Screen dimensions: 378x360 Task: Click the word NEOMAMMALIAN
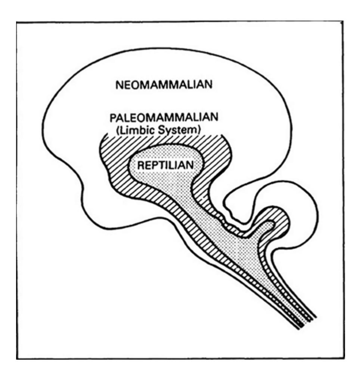[164, 85]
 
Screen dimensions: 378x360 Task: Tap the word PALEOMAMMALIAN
[164, 118]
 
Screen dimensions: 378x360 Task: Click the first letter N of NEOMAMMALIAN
[119, 85]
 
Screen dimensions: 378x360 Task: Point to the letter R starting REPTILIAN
[141, 166]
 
